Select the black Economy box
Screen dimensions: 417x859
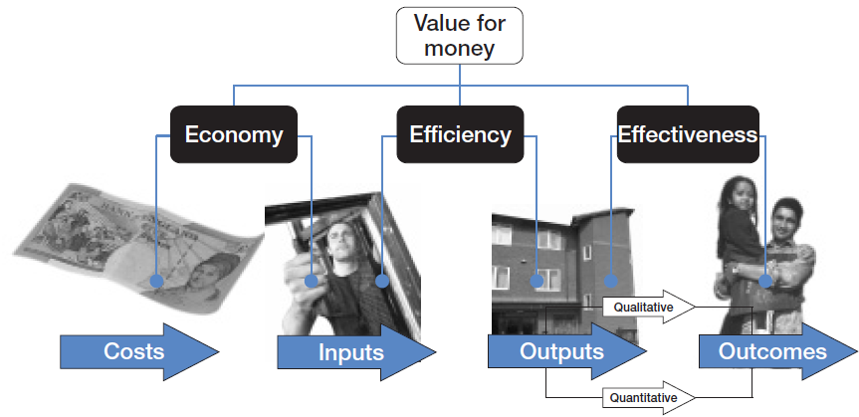coord(234,134)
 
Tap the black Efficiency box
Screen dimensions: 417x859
coord(459,134)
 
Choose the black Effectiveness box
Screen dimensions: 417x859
coord(687,134)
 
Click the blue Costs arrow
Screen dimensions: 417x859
coord(139,351)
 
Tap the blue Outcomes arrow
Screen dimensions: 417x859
coord(776,352)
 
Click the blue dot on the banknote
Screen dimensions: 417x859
coord(155,282)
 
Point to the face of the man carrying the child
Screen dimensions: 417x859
coord(786,217)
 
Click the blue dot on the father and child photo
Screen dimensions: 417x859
coord(765,282)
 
